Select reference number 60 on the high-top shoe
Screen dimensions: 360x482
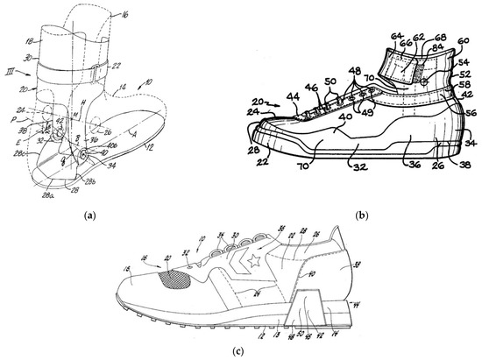point(463,40)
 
